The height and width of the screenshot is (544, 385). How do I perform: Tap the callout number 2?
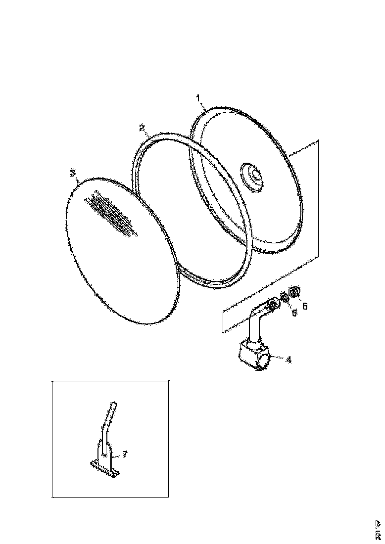tap(142, 128)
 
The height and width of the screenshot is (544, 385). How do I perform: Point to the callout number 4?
tap(289, 360)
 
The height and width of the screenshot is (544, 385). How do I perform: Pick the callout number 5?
tap(294, 313)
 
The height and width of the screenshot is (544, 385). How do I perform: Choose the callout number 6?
tap(305, 307)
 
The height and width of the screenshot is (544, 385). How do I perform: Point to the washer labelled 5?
tap(284, 298)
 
